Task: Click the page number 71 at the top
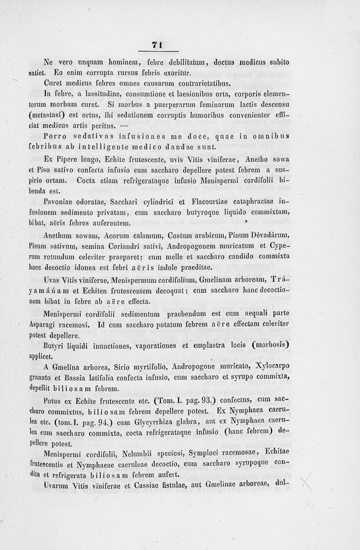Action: pyautogui.click(x=157, y=44)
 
